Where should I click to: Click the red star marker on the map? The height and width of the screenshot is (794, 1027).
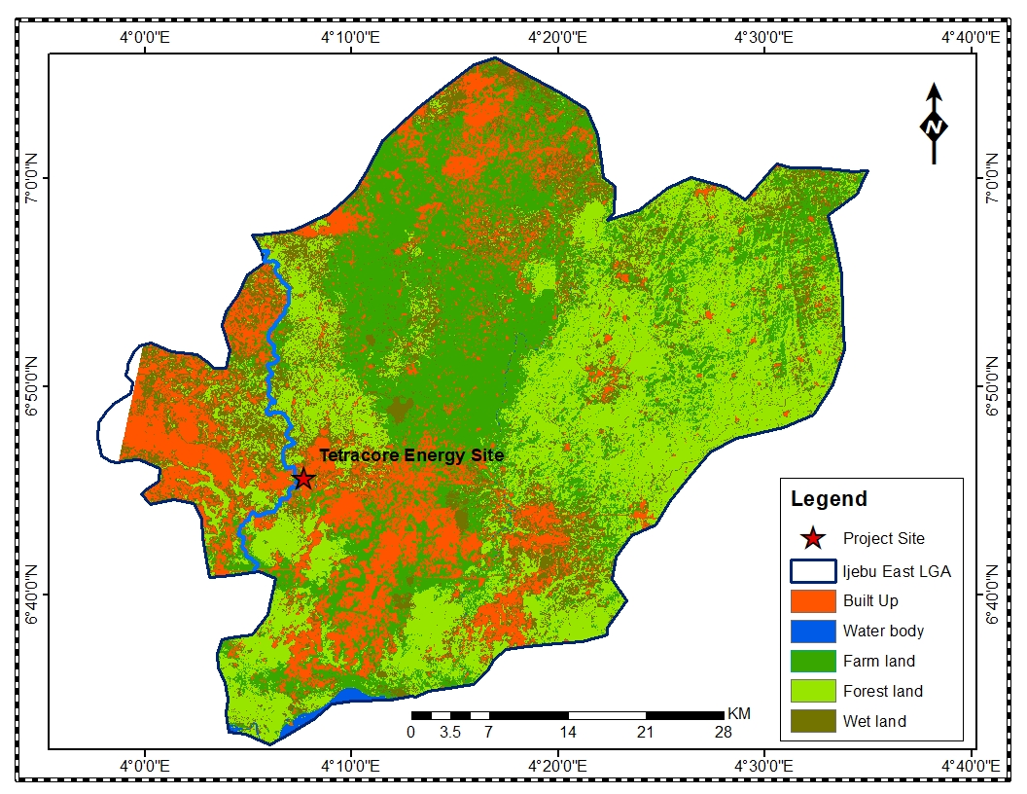[x=303, y=479]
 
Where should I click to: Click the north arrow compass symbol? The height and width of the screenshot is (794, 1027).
[x=934, y=125]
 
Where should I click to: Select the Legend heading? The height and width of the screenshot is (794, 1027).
[x=829, y=499]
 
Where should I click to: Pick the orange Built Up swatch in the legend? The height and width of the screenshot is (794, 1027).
[x=813, y=600]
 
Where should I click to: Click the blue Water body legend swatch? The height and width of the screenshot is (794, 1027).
[x=813, y=631]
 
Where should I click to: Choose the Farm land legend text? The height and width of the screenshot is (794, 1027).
[x=879, y=661]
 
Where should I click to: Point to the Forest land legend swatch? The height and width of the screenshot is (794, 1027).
[x=813, y=691]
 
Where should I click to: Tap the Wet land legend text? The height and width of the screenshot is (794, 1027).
[x=874, y=721]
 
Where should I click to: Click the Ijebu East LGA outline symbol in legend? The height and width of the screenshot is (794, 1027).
[x=813, y=570]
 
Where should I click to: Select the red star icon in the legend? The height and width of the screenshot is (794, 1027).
[x=813, y=538]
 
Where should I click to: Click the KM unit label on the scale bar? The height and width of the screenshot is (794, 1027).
[x=739, y=713]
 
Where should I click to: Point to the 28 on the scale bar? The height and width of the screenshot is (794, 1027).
[x=724, y=732]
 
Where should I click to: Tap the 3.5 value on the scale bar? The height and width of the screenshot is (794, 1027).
[x=450, y=732]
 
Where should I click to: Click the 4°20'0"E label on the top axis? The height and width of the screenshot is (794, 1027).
[x=557, y=37]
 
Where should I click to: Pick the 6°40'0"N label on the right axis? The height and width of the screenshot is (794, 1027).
[x=994, y=595]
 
